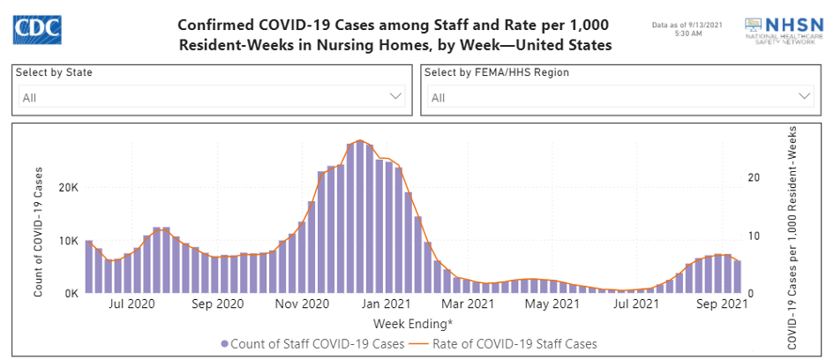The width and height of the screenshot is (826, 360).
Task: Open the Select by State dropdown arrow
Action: click(396, 95)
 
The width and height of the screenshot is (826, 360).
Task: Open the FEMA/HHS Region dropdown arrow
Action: click(805, 95)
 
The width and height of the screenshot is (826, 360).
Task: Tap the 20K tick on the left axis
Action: click(68, 187)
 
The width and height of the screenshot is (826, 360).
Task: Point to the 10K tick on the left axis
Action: click(68, 240)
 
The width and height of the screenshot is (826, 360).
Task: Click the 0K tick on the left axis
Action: click(71, 293)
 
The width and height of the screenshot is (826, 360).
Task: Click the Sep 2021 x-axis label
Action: click(720, 305)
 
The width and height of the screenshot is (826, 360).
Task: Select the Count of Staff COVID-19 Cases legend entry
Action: click(312, 343)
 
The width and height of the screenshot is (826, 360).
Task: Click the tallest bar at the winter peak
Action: click(360, 217)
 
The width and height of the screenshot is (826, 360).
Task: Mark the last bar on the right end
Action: click(737, 276)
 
